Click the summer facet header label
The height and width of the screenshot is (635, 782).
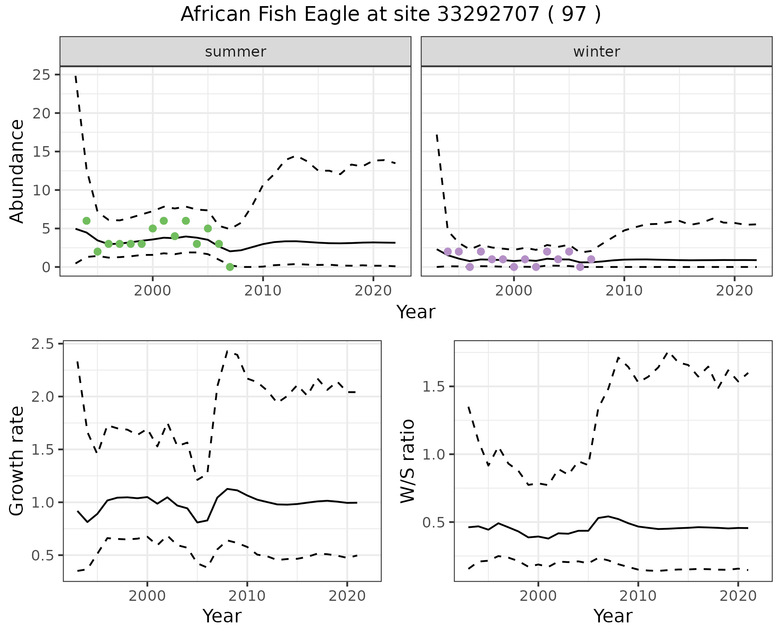click(x=235, y=52)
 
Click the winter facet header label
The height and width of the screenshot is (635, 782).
click(x=596, y=52)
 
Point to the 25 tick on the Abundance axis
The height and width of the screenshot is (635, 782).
click(x=41, y=75)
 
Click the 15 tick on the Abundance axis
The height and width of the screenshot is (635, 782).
click(x=41, y=152)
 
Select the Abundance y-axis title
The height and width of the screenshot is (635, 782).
click(x=17, y=171)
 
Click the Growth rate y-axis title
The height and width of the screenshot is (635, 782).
click(x=17, y=461)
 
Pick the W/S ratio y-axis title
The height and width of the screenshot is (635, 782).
click(x=407, y=461)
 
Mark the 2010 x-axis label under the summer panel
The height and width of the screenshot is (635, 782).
click(x=263, y=291)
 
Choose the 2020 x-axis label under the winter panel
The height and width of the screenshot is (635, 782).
click(x=734, y=291)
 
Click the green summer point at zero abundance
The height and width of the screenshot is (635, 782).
click(x=230, y=267)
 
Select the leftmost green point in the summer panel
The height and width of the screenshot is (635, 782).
click(x=86, y=221)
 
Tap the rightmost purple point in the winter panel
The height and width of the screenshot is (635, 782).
click(x=591, y=259)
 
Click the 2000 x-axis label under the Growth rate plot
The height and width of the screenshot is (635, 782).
click(x=147, y=596)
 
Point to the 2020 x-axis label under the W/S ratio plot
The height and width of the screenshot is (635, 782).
click(x=738, y=596)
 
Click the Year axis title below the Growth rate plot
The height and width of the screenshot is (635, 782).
click(x=222, y=616)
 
